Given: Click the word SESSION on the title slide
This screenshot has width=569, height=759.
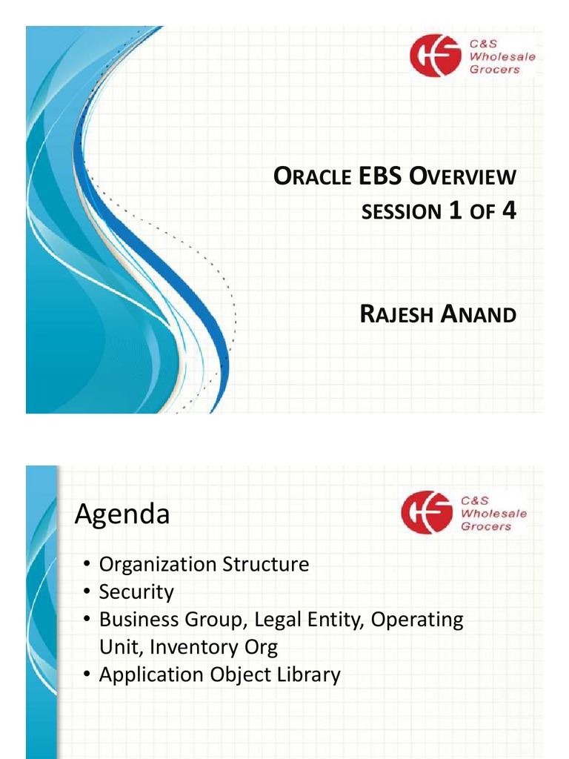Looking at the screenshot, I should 401,213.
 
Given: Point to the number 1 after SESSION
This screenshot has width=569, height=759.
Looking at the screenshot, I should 456,211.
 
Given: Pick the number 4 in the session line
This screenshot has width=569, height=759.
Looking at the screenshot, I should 508,211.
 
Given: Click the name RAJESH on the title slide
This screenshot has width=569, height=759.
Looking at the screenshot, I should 396,315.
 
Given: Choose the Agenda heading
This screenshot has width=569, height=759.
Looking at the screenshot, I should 122,514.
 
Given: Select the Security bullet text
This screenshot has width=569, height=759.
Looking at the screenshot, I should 136,592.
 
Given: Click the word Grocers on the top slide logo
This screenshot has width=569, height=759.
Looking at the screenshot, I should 495,70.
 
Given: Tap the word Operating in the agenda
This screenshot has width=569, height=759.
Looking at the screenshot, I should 417,620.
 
